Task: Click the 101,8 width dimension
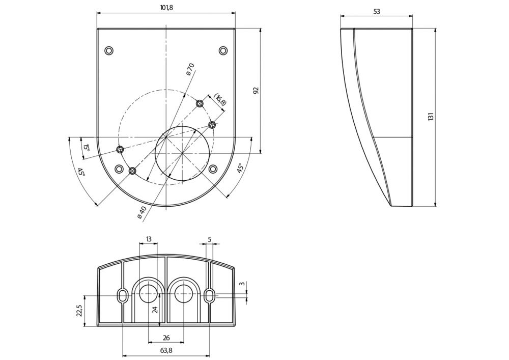[x=166, y=8]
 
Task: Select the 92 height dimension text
[x=256, y=90]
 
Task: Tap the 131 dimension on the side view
[x=431, y=117]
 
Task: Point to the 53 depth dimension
[x=376, y=11]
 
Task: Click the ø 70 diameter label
[x=190, y=69]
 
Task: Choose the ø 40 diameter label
[x=142, y=212]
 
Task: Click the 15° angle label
[x=86, y=148]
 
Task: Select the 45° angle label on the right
[x=240, y=168]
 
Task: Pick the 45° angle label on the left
[x=81, y=172]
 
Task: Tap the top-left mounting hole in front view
[x=109, y=50]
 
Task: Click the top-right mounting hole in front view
[x=223, y=50]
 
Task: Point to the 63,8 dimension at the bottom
[x=166, y=350]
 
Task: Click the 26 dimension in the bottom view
[x=166, y=337]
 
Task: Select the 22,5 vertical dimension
[x=79, y=311]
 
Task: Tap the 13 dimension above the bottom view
[x=149, y=239]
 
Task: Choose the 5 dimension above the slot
[x=209, y=239]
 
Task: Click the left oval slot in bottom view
[x=123, y=295]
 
